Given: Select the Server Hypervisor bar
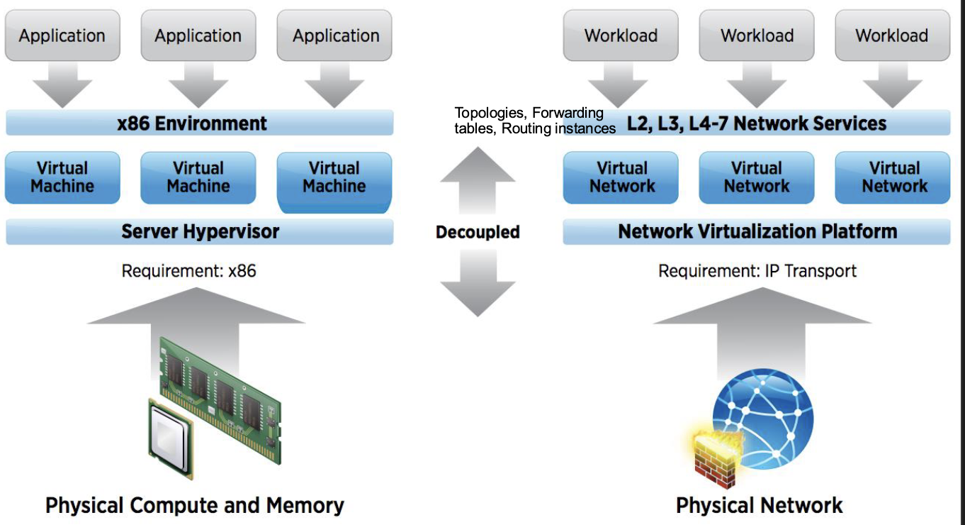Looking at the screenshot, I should click(x=200, y=231).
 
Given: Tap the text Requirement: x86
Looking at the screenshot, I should click(x=188, y=271).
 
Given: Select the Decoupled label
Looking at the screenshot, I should click(x=478, y=232).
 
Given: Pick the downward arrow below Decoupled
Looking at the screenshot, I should click(x=478, y=284).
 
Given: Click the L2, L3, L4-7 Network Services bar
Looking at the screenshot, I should click(x=757, y=123).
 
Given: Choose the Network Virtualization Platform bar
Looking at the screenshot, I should click(x=757, y=231).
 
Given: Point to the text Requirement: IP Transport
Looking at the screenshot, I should click(x=757, y=271).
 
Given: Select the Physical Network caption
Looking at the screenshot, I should click(x=759, y=506).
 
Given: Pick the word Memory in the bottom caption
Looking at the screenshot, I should click(x=305, y=506).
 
